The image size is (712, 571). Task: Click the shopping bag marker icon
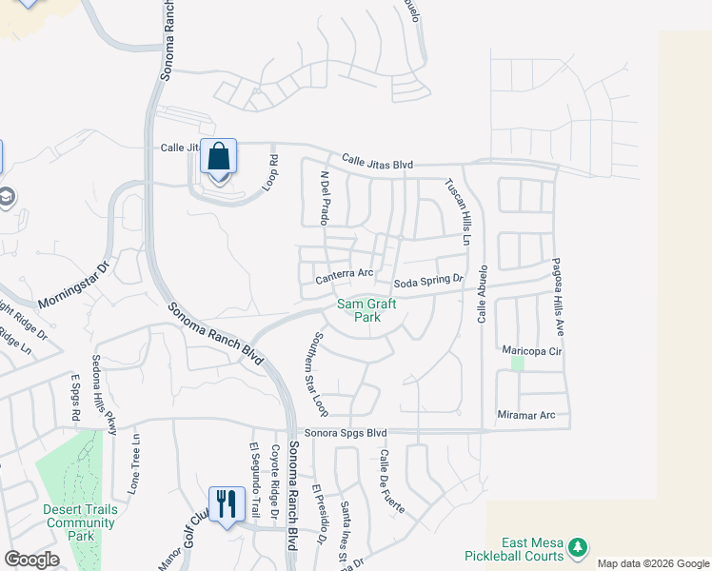pos(219,157)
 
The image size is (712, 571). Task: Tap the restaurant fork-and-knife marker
pos(227,502)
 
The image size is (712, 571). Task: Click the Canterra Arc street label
pos(344,274)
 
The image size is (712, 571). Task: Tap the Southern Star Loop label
pos(317,373)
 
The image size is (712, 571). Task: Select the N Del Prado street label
pos(325,197)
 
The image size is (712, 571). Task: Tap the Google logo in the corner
pos(31,559)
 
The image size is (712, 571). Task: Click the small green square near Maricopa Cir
pos(517,363)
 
